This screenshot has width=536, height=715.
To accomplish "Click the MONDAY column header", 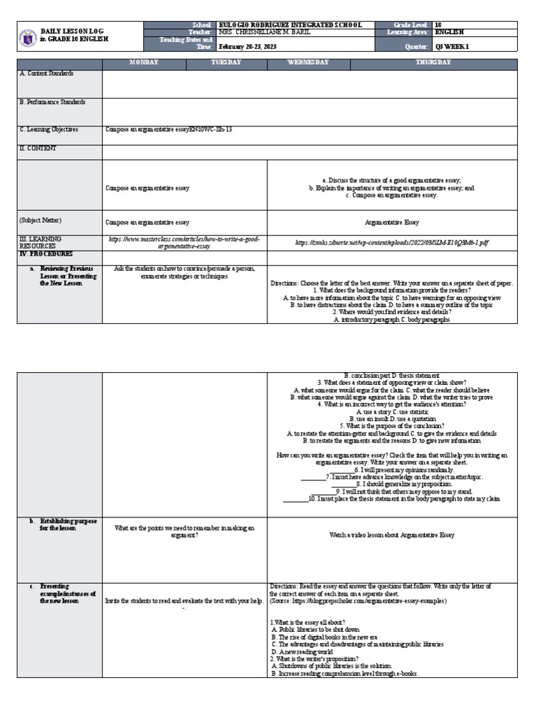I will tap(143, 63).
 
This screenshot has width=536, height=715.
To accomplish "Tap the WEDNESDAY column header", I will tap(308, 63).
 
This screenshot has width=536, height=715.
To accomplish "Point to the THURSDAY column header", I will tap(433, 63).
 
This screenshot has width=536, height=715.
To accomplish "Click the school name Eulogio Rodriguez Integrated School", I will tap(290, 24).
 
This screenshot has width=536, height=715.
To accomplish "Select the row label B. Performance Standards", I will tap(53, 102).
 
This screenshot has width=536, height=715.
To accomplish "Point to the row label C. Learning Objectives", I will tap(49, 129).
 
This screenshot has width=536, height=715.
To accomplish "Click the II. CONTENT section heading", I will tap(38, 148).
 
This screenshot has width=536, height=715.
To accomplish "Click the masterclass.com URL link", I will tap(184, 242).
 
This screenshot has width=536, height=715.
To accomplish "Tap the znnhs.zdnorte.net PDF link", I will tap(392, 242).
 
